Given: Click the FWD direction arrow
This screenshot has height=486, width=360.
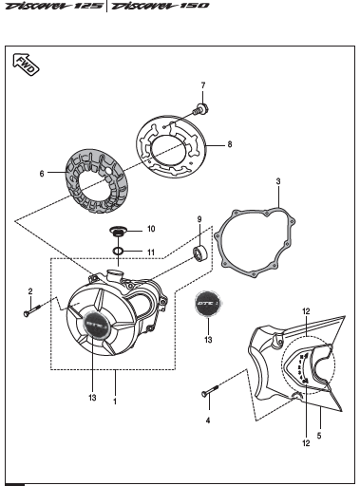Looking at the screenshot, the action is pos(26,65).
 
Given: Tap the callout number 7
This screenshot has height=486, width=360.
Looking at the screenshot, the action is pos(203,85).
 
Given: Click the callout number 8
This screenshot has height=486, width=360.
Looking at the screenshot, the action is pos(230,144).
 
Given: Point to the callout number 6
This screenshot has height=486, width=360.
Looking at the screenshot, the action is pos(42,174).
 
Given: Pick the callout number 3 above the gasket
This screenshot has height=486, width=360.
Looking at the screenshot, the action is pos(278,181).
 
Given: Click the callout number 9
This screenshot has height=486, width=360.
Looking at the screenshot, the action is pos(199,219).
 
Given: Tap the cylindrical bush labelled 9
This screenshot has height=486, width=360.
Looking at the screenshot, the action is pos(199,253).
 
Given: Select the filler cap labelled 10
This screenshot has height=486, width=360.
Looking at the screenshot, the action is pos(118,232).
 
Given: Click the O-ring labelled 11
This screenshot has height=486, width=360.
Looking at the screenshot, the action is pos(118,252).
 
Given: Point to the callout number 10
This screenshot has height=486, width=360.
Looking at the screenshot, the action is pos(151,229).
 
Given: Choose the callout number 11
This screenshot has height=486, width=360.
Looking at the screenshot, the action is pos(151,252).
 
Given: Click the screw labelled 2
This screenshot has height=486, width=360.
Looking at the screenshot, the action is pos(32,309).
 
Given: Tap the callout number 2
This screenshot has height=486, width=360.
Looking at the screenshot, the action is pos(30,291).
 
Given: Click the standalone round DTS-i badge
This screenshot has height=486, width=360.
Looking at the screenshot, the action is pos(208,303).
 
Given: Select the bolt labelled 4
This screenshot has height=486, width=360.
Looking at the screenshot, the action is pos(210,390).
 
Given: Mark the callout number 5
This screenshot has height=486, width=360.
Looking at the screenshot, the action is pos(319,436).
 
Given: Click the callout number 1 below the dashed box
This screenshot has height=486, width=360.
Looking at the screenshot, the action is pos(115,402).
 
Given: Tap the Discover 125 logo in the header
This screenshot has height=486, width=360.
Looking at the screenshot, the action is pos(54,6).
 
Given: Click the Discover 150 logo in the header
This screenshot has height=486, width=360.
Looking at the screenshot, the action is pos(161,6).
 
